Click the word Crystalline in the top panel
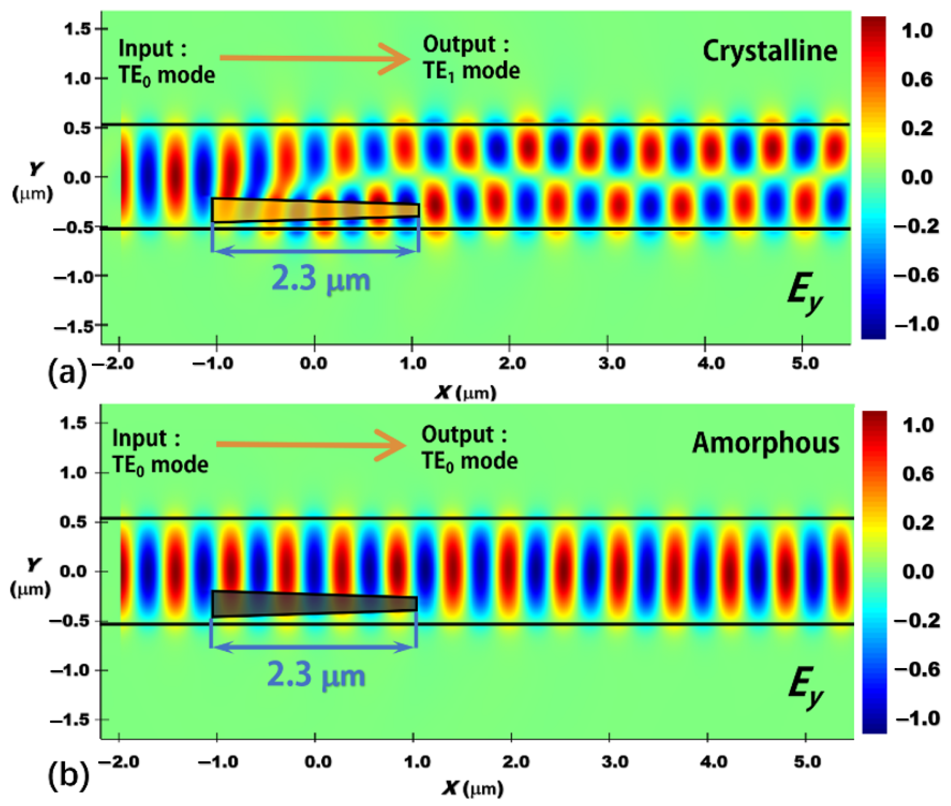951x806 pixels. (x=769, y=51)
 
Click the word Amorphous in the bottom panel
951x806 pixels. (x=766, y=443)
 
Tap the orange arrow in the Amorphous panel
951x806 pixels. (x=311, y=445)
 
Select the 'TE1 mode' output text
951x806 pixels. (x=471, y=71)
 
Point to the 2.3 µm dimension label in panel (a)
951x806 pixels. (x=321, y=279)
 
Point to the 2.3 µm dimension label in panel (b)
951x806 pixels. (x=316, y=674)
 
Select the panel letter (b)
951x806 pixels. (x=68, y=776)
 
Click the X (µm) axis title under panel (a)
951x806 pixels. (x=465, y=393)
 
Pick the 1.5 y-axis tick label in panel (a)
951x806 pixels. (x=77, y=29)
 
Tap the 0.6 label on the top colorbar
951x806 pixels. (x=916, y=80)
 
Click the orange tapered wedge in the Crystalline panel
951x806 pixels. (x=315, y=210)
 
